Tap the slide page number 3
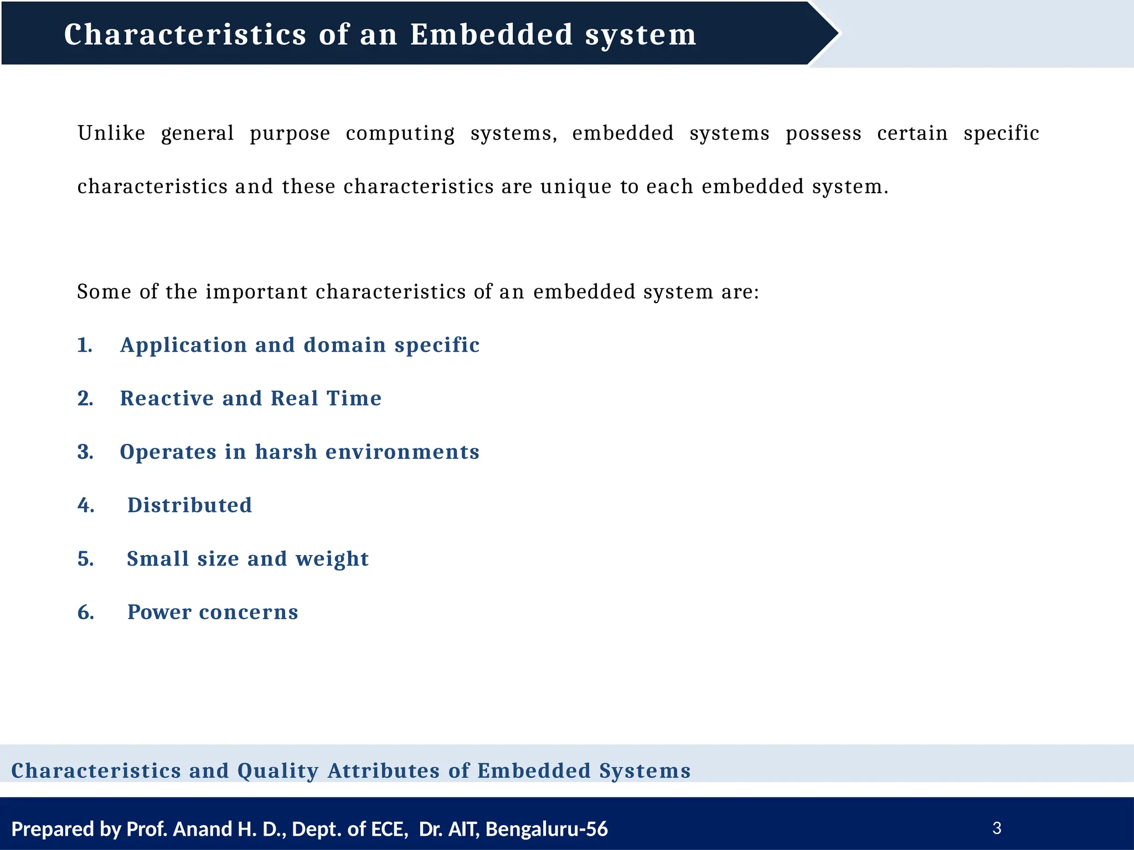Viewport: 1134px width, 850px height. [997, 828]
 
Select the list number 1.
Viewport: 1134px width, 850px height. [85, 345]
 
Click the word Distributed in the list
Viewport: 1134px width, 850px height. [189, 505]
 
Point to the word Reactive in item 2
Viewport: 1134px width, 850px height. [167, 398]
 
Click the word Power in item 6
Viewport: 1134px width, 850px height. [159, 612]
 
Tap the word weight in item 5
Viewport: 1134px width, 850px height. [332, 559]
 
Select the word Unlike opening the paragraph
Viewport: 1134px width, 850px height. [111, 133]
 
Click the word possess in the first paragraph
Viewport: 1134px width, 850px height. [823, 133]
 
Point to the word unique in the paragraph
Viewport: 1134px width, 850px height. [576, 187]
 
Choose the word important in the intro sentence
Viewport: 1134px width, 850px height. [256, 292]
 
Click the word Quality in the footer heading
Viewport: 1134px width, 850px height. [278, 771]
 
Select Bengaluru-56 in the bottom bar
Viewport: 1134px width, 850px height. [547, 829]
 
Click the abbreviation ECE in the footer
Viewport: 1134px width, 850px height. [386, 829]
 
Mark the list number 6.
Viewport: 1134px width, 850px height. [86, 612]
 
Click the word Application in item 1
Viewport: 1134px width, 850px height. [183, 345]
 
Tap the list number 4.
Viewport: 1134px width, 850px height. [86, 505]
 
